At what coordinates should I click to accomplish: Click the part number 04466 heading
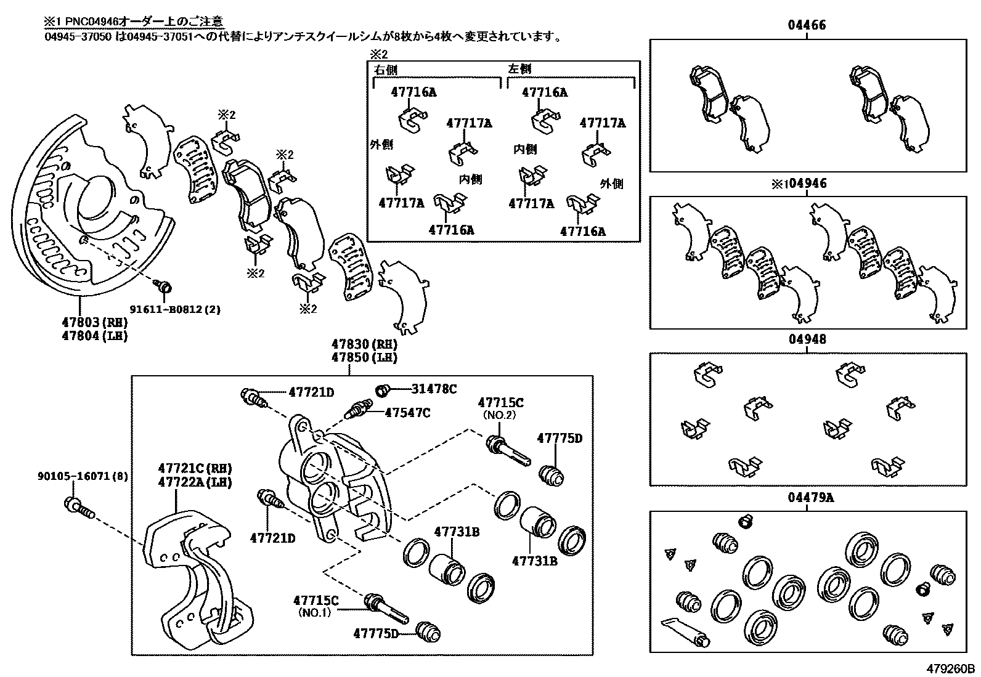(807, 25)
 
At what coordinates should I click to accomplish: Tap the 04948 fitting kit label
(807, 339)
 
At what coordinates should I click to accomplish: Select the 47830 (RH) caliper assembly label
(364, 344)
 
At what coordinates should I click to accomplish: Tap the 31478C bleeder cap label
(434, 389)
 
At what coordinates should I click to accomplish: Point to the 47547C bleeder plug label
(407, 412)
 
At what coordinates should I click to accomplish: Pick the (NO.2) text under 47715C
(500, 415)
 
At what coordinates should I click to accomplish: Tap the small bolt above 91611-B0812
(164, 286)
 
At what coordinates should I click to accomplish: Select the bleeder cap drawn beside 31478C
(383, 389)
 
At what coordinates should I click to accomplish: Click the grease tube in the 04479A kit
(683, 632)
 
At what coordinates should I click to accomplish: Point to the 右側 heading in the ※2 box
(386, 70)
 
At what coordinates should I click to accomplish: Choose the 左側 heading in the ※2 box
(519, 69)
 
